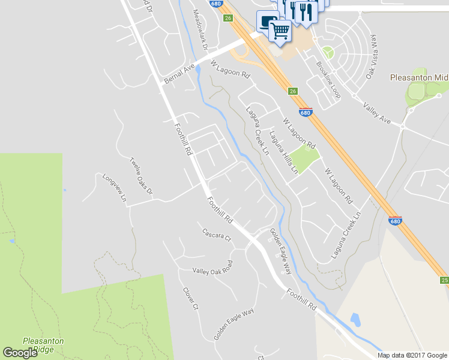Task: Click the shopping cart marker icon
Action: tap(280, 30)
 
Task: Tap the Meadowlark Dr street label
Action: tap(200, 29)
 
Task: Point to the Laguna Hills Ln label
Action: tap(283, 152)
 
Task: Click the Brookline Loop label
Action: tap(328, 80)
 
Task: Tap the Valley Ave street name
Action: tap(377, 113)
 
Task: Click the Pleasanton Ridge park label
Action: tap(43, 346)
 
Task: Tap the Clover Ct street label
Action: tap(190, 298)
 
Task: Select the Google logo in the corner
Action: tap(20, 353)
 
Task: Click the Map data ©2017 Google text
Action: tap(412, 355)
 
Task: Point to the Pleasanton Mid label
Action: tap(419, 77)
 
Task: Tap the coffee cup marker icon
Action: tap(266, 22)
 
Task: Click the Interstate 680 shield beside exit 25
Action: tap(395, 221)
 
